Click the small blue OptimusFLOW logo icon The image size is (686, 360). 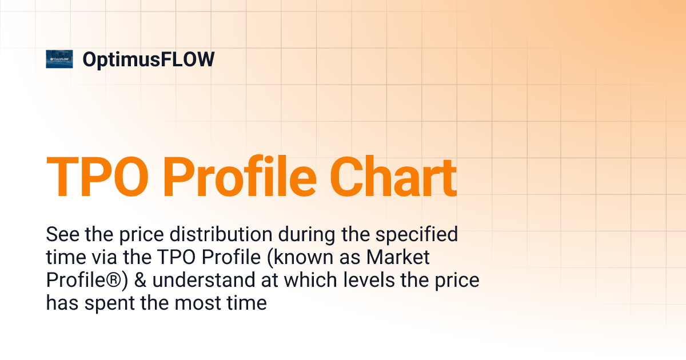point(59,59)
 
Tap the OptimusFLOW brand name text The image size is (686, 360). point(149,59)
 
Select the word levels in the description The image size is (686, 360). point(366,281)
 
